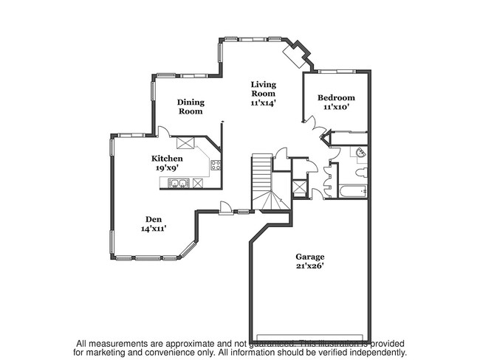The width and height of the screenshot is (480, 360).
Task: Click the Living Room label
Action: (x=262, y=89)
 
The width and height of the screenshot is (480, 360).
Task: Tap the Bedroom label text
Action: (x=336, y=97)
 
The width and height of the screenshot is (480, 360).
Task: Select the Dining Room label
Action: (x=191, y=107)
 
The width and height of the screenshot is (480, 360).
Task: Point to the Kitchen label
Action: (x=167, y=159)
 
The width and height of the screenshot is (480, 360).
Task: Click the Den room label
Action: (x=154, y=219)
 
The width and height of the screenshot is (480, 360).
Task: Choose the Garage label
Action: (x=311, y=257)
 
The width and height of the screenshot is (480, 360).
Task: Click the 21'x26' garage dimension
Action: (x=311, y=266)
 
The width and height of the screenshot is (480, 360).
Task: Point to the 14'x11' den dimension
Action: (x=153, y=229)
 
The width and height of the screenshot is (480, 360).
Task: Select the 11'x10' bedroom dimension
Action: (x=336, y=107)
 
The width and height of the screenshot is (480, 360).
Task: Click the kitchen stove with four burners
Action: (x=216, y=165)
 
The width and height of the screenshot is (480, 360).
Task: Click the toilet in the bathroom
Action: (x=360, y=173)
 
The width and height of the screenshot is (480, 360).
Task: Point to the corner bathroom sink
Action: (x=360, y=153)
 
